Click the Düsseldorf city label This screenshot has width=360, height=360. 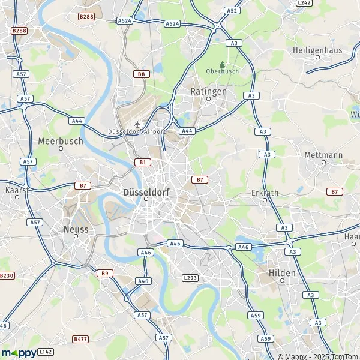pyautogui.click(x=145, y=193)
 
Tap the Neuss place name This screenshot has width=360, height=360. pyautogui.click(x=76, y=229)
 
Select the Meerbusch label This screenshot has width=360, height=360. pyautogui.click(x=60, y=141)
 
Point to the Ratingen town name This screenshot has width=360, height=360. pyautogui.click(x=208, y=92)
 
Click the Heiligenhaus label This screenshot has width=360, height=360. pyautogui.click(x=317, y=50)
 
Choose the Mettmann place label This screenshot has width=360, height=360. pyautogui.click(x=323, y=154)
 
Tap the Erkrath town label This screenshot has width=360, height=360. pyautogui.click(x=265, y=193)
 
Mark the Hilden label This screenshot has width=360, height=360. pyautogui.click(x=281, y=272)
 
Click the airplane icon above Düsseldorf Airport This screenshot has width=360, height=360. pyautogui.click(x=137, y=124)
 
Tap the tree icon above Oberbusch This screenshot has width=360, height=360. pyautogui.click(x=223, y=64)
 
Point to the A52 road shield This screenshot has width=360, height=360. pyautogui.click(x=232, y=10)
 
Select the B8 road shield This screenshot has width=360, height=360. pyautogui.click(x=141, y=74)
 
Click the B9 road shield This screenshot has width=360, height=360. pyautogui.click(x=105, y=273)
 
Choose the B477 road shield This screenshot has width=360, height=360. pyautogui.click(x=80, y=339)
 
